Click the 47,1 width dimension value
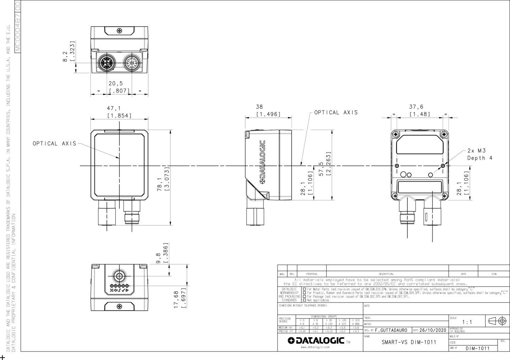(x=114, y=109)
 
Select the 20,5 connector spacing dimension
(x=116, y=83)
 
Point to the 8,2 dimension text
(x=65, y=57)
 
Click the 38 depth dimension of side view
(x=259, y=107)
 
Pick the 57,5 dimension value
(x=321, y=169)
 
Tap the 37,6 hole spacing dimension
(x=416, y=107)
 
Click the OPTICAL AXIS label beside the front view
(x=54, y=144)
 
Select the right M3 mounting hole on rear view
(x=442, y=166)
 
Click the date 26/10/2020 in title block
(x=432, y=330)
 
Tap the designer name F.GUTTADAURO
(x=391, y=330)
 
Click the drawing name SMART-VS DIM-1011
(x=409, y=342)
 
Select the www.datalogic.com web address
(x=315, y=347)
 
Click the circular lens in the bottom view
(x=119, y=276)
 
